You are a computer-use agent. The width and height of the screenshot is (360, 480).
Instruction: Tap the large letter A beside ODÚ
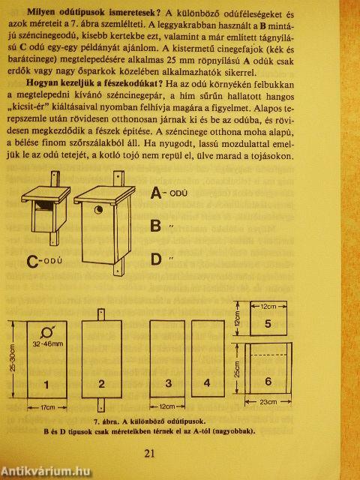click(157, 193)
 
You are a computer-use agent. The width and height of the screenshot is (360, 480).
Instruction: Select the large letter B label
click(157, 226)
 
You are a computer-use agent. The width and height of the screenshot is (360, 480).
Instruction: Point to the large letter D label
click(157, 259)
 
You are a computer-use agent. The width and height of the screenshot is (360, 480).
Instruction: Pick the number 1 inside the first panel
click(46, 384)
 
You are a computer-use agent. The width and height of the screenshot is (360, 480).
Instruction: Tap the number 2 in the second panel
click(101, 384)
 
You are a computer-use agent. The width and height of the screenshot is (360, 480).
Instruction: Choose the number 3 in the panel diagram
click(169, 384)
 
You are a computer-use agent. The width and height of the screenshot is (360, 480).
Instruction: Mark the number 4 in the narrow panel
click(206, 384)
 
